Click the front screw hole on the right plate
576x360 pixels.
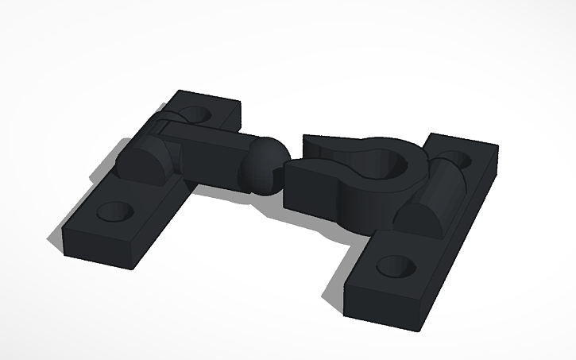pyautogui.click(x=394, y=265)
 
